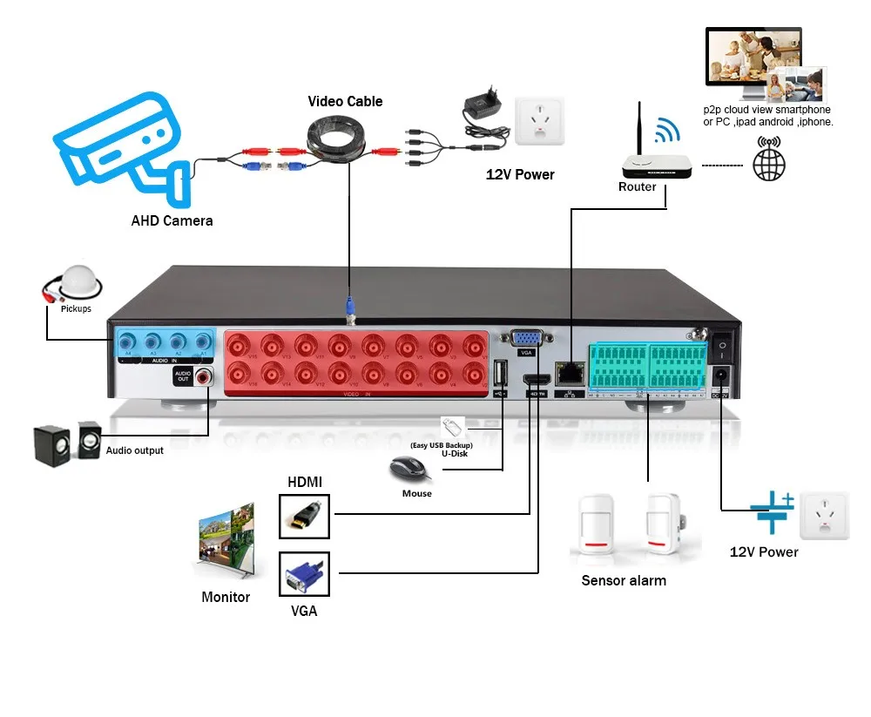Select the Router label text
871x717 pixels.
tap(637, 187)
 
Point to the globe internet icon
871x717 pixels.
tap(769, 162)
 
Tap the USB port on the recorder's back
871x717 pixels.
tap(500, 372)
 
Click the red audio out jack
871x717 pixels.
tap(205, 376)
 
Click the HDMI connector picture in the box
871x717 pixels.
tap(304, 516)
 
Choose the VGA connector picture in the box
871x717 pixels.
tap(304, 575)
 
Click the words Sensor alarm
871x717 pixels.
tap(623, 580)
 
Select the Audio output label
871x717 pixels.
tap(134, 450)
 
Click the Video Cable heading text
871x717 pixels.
tap(345, 101)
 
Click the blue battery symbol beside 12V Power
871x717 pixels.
tap(772, 513)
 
